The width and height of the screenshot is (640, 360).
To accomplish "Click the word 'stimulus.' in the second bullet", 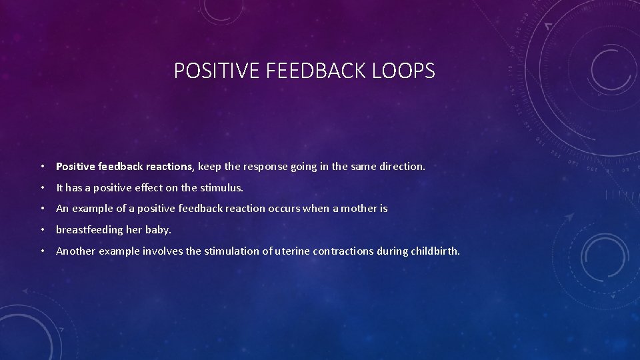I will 222,187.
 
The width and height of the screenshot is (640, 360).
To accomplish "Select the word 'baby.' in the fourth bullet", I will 158,230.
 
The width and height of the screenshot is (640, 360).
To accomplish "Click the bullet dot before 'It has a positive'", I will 42,188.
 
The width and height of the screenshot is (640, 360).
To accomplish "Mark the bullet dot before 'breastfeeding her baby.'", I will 42,231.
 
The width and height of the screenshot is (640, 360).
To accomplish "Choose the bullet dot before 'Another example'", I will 42,252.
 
